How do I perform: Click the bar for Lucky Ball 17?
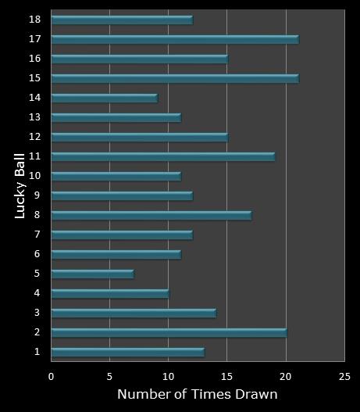(x=174, y=39)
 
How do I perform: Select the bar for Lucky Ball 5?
(x=92, y=274)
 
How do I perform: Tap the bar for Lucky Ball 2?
(x=169, y=332)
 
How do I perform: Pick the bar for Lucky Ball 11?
(x=162, y=156)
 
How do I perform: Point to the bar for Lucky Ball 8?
(x=151, y=215)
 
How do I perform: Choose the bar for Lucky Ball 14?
(x=104, y=98)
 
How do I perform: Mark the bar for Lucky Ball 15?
(x=174, y=78)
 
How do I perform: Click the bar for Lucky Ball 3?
(x=134, y=313)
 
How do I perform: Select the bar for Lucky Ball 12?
(x=139, y=137)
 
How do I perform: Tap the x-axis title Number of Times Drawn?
(x=197, y=394)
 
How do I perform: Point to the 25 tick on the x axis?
(x=344, y=375)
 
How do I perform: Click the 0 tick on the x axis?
(x=51, y=375)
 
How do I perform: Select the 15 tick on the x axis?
(x=226, y=375)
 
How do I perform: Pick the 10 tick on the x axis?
(x=168, y=375)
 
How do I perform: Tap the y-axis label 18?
(x=35, y=19)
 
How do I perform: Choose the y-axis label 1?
(x=37, y=352)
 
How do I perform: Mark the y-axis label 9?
(x=37, y=195)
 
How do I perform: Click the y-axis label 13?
(x=35, y=116)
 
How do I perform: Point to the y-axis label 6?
(x=37, y=253)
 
